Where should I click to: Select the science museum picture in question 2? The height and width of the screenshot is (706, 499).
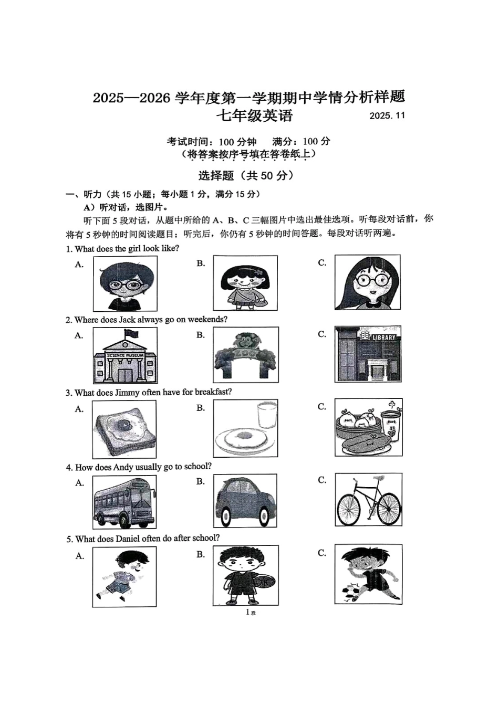coord(125,355)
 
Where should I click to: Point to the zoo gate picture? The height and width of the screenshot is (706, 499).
coord(245,355)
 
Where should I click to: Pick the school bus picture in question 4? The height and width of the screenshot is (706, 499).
coord(124,502)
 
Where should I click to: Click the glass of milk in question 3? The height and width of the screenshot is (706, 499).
coord(267,415)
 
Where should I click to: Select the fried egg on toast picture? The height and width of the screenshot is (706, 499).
coord(124,429)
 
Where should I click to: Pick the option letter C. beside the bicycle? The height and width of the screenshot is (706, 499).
coord(322,480)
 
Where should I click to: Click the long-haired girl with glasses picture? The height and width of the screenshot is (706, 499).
coord(368,282)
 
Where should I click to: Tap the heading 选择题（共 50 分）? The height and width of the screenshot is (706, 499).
coord(246,175)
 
